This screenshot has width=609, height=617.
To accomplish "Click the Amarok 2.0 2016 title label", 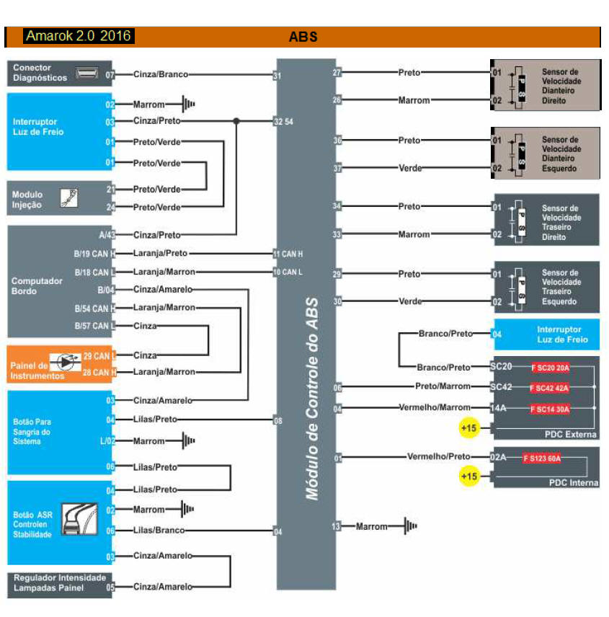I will [x=79, y=36].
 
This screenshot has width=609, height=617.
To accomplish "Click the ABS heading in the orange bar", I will [x=303, y=37].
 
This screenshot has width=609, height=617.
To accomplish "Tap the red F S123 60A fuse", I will [x=541, y=458].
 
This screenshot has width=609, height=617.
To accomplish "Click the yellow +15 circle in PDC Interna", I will [x=469, y=476].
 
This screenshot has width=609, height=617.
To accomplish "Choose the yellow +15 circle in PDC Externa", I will [x=469, y=428].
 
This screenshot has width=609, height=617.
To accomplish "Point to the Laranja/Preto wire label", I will [x=161, y=254].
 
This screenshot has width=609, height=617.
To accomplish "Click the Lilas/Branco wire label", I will [x=159, y=531].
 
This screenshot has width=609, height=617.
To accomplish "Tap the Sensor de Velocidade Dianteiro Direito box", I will [x=545, y=86].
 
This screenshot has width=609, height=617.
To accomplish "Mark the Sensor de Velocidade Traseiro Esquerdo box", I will [x=545, y=288].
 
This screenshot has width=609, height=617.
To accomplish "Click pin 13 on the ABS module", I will [x=337, y=527].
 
